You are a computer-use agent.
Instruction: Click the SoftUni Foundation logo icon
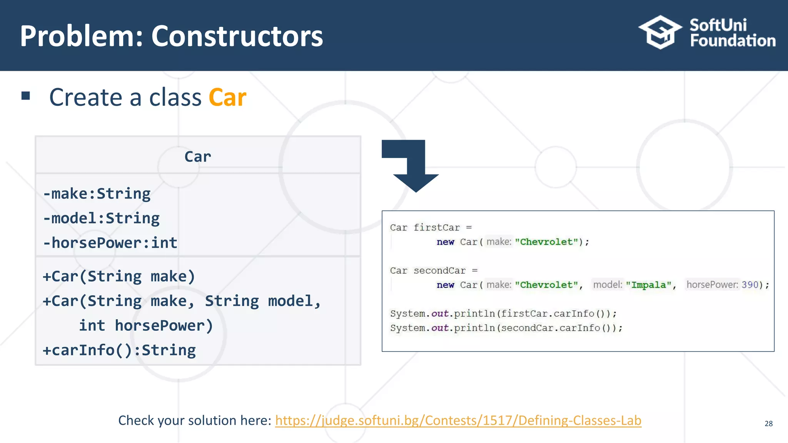(660, 32)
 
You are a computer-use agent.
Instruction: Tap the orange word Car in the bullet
(227, 97)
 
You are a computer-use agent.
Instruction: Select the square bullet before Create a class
(26, 96)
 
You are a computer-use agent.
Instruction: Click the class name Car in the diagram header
(198, 157)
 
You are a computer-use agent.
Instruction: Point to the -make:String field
(97, 193)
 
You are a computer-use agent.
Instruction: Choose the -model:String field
(102, 218)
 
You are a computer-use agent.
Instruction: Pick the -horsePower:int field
(110, 243)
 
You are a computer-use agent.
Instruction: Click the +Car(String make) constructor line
(119, 276)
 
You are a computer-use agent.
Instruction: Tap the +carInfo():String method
(119, 350)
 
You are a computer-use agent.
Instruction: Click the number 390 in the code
(750, 285)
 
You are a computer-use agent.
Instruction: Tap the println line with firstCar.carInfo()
(503, 314)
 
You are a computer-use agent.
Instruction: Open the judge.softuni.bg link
(458, 420)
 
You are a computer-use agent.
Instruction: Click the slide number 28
(768, 423)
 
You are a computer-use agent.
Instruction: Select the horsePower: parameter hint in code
(712, 285)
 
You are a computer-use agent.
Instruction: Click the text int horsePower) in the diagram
(146, 325)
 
